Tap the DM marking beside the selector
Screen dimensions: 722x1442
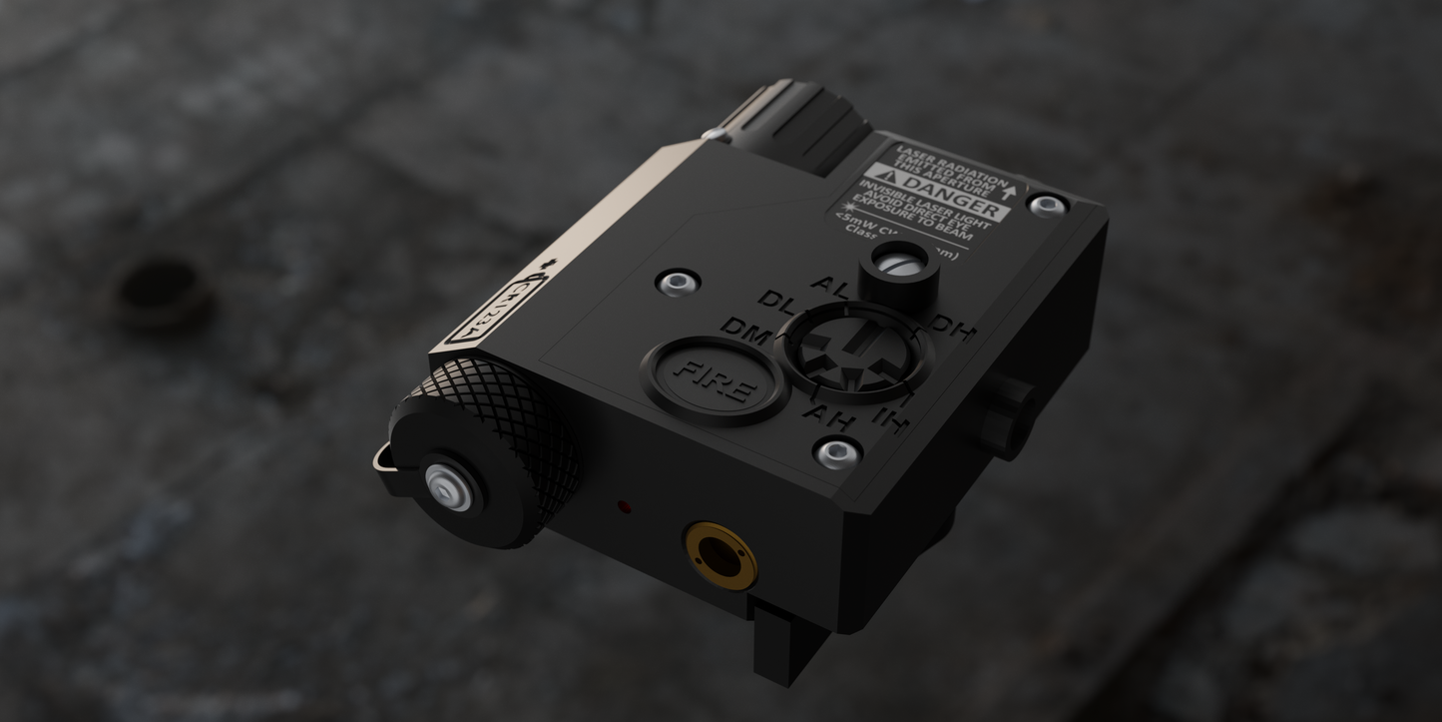745,331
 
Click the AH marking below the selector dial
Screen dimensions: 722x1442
828,411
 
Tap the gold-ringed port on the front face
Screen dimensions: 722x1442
721,554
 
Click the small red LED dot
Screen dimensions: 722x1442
623,507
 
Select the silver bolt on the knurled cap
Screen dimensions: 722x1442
449,487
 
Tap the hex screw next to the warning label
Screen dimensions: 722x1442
1048,206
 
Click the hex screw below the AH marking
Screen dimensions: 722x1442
836,454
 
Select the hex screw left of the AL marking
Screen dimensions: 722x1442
678,283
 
